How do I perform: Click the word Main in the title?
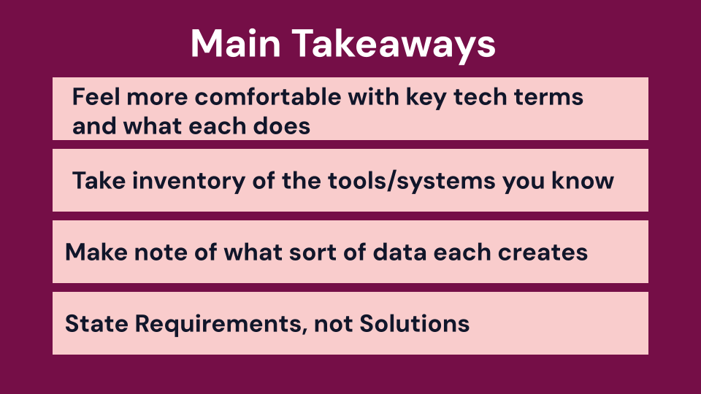(236, 43)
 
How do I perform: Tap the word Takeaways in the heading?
(394, 45)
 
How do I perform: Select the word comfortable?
(268, 96)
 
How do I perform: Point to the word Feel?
(96, 96)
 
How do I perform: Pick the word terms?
(548, 97)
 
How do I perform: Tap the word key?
(426, 98)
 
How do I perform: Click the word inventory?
(188, 181)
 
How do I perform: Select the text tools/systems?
(411, 182)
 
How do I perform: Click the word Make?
(96, 252)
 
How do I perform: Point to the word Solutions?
(415, 323)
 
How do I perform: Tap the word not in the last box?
(334, 324)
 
